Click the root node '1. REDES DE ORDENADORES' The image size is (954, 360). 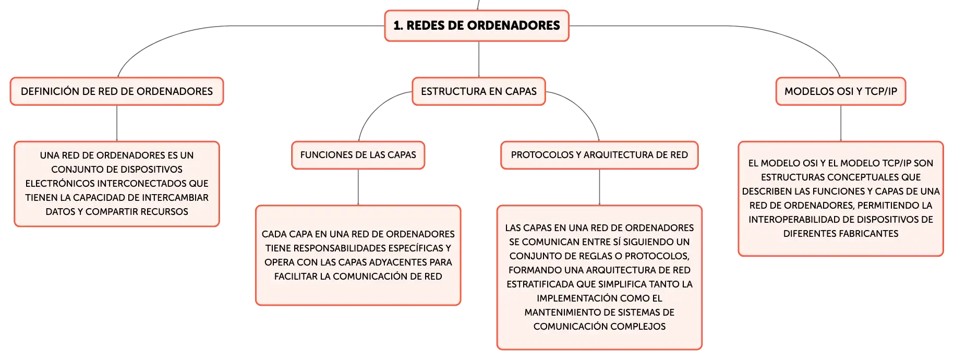[x=477, y=26]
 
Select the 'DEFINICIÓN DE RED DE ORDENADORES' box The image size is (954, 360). [x=117, y=91]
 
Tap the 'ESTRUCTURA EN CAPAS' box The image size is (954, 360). [x=479, y=91]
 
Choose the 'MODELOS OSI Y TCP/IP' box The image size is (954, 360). [x=841, y=91]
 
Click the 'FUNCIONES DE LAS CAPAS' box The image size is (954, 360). [x=358, y=155]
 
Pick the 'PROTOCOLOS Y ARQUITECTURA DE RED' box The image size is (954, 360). [x=599, y=155]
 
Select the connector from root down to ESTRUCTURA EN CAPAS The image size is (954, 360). [x=479, y=59]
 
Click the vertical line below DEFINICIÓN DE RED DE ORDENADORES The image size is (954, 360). [x=117, y=123]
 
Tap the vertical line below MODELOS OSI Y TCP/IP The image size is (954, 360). [x=841, y=123]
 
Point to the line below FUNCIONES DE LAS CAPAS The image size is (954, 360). [x=358, y=187]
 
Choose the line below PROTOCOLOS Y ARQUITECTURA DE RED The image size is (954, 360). [x=599, y=187]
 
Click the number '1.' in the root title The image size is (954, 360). [x=398, y=26]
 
